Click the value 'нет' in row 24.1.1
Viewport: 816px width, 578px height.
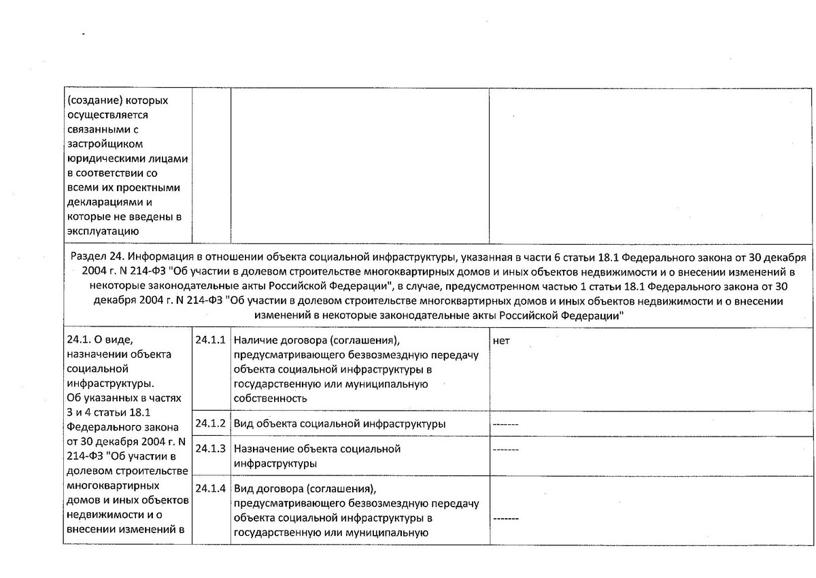tap(500, 340)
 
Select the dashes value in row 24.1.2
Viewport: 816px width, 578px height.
tap(505, 424)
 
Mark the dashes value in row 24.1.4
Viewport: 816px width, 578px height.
tap(505, 518)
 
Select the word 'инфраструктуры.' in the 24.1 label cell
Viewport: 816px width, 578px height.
tap(105, 383)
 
